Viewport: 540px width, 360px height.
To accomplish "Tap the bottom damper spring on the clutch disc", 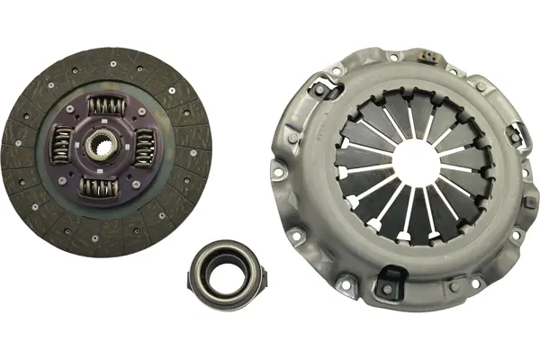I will pyautogui.click(x=100, y=187).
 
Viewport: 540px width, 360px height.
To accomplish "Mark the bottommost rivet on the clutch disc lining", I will pyautogui.click(x=95, y=238).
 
